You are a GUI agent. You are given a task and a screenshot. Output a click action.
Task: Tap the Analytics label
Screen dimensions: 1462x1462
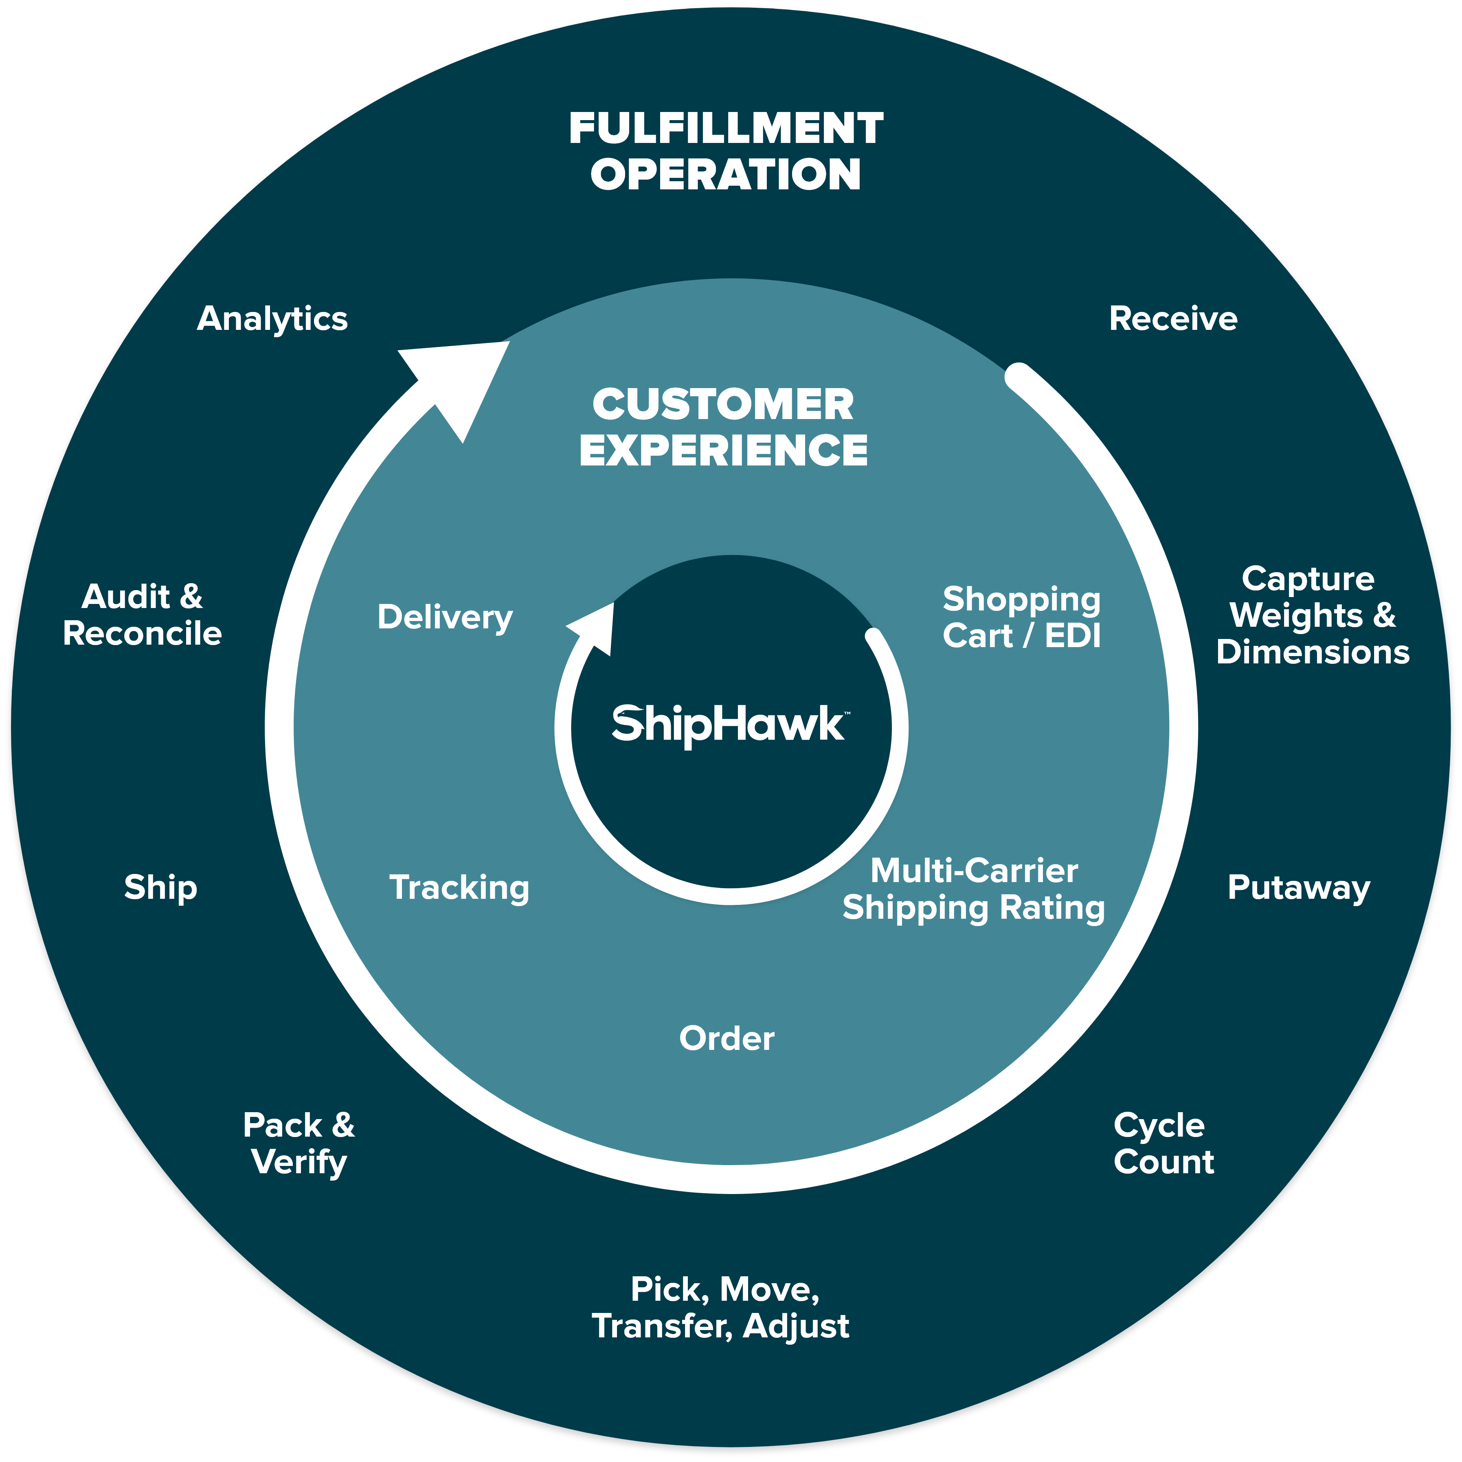click(272, 318)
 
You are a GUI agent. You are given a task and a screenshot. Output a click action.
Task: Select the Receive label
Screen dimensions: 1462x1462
click(1173, 318)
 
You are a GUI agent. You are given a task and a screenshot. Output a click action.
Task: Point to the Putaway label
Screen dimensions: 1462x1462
click(1299, 888)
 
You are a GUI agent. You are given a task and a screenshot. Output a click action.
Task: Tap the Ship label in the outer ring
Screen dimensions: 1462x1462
click(160, 888)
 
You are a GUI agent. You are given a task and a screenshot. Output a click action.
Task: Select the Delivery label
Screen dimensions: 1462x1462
click(445, 617)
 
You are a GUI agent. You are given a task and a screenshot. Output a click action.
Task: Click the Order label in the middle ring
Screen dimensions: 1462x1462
click(727, 1038)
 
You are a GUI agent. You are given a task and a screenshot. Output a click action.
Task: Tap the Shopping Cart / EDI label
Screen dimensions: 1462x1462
click(1022, 617)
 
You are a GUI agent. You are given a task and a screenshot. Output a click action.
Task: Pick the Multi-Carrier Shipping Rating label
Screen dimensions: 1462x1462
click(974, 889)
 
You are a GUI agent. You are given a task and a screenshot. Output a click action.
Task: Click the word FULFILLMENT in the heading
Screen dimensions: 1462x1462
click(727, 129)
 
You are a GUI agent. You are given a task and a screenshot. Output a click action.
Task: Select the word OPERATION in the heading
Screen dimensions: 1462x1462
click(727, 175)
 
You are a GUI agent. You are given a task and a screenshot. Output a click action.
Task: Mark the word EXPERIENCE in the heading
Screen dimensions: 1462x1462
click(723, 450)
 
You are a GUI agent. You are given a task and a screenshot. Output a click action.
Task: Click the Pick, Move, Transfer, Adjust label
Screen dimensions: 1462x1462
click(721, 1308)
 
